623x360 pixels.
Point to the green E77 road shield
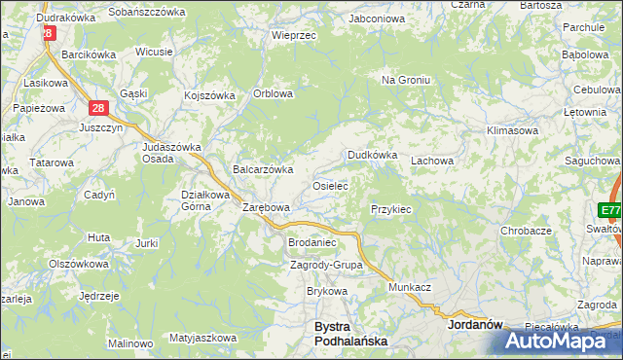(x=610, y=211)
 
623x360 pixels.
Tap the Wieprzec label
(x=295, y=34)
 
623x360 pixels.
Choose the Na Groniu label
(x=404, y=80)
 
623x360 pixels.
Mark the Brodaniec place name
(x=311, y=242)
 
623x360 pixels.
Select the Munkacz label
(x=409, y=289)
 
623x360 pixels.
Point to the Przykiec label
(x=391, y=209)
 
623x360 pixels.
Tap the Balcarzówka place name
(x=263, y=169)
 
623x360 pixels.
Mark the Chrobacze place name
(x=526, y=231)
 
